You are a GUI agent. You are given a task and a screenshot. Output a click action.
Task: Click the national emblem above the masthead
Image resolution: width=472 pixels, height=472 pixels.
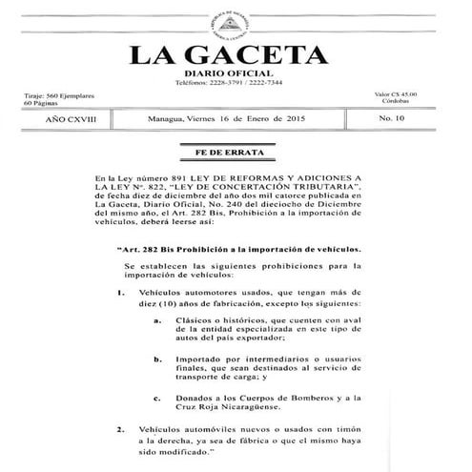coord(236,18)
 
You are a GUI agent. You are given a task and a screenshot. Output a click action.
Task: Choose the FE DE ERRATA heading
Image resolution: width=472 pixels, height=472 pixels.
coord(236,153)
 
